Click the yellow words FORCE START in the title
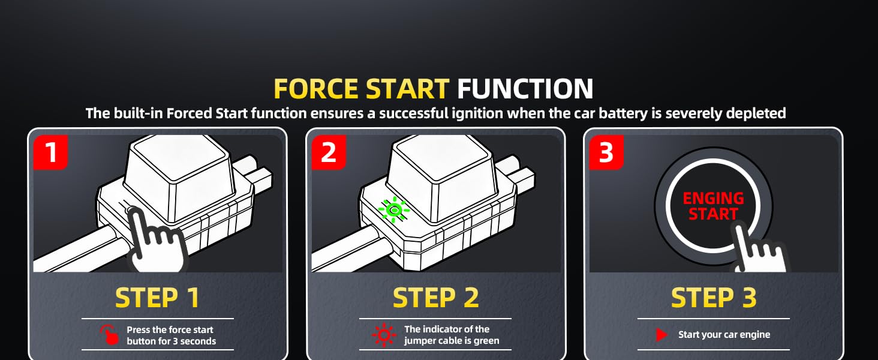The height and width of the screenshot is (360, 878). point(361,89)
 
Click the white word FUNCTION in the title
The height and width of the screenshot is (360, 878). point(525,89)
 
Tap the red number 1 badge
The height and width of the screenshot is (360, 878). point(51,152)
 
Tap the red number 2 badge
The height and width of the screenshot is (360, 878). point(328,152)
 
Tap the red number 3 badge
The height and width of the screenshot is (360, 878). point(606,152)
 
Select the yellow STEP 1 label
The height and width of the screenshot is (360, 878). point(157,298)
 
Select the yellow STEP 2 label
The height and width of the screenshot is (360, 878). point(435,298)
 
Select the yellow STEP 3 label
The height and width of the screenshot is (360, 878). point(714,298)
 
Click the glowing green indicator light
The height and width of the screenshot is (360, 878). point(393,209)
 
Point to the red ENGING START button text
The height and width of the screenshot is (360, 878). point(713,206)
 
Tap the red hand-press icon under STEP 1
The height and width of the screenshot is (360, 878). point(109,335)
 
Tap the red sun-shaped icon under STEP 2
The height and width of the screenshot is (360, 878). point(384,335)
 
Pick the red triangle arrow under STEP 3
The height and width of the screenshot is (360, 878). point(661,335)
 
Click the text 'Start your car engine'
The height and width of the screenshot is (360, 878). point(724,335)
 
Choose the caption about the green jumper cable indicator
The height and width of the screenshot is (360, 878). point(451,335)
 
